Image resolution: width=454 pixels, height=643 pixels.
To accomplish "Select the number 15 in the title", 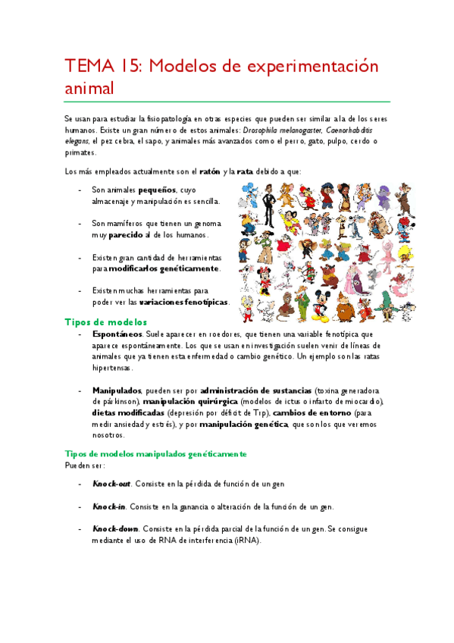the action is (x=133, y=67).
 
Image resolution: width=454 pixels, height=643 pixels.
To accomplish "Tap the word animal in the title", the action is (x=88, y=89).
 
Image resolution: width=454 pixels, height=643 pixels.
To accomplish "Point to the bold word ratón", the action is (x=211, y=171).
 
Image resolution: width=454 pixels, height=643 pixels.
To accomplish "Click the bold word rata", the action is (x=244, y=171).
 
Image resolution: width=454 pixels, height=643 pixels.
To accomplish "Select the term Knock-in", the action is (x=109, y=507).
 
